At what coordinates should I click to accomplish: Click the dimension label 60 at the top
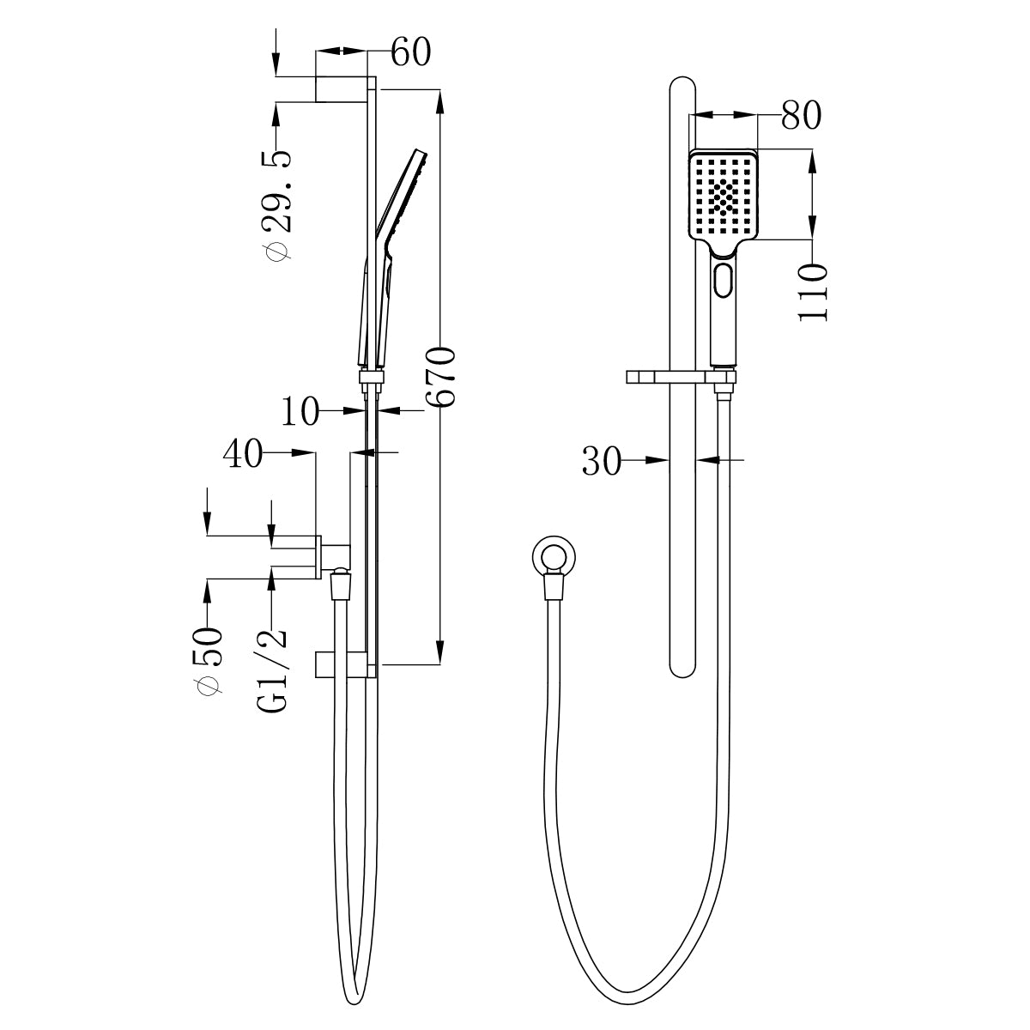[x=410, y=52]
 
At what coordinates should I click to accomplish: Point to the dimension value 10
[x=300, y=413]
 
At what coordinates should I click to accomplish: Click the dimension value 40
[x=243, y=454]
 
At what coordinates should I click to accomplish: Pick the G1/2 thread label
[x=272, y=669]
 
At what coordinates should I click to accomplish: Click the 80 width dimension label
[x=801, y=116]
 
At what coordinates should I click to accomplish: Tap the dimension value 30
[x=602, y=462]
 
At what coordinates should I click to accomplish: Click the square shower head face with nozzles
[x=725, y=197]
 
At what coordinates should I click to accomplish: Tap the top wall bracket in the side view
[x=343, y=89]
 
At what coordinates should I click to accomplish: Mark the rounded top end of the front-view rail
[x=682, y=87]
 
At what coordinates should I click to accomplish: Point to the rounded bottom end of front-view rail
[x=682, y=667]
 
